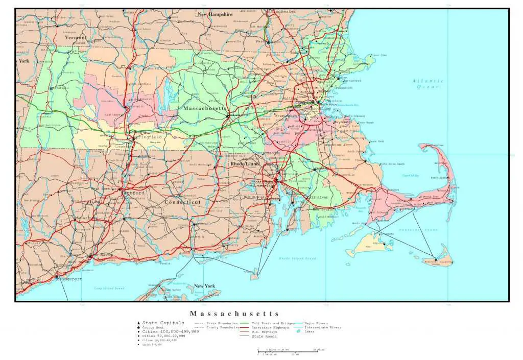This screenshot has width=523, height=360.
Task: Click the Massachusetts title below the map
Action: [234, 314]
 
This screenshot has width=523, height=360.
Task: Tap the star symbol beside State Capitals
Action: [138, 323]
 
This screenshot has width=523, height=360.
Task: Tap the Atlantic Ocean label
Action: [428, 84]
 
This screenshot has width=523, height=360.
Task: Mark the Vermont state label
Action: [75, 37]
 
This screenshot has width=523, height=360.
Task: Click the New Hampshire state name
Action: [215, 14]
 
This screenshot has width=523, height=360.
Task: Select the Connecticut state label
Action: [182, 202]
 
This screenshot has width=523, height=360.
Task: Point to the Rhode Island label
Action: [245, 164]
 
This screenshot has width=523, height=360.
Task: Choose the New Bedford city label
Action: [323, 209]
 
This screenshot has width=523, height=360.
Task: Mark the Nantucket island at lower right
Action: [437, 262]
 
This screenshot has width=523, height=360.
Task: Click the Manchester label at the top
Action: [283, 11]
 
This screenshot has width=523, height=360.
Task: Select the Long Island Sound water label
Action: [109, 288]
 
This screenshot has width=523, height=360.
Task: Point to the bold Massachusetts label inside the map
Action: [204, 109]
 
